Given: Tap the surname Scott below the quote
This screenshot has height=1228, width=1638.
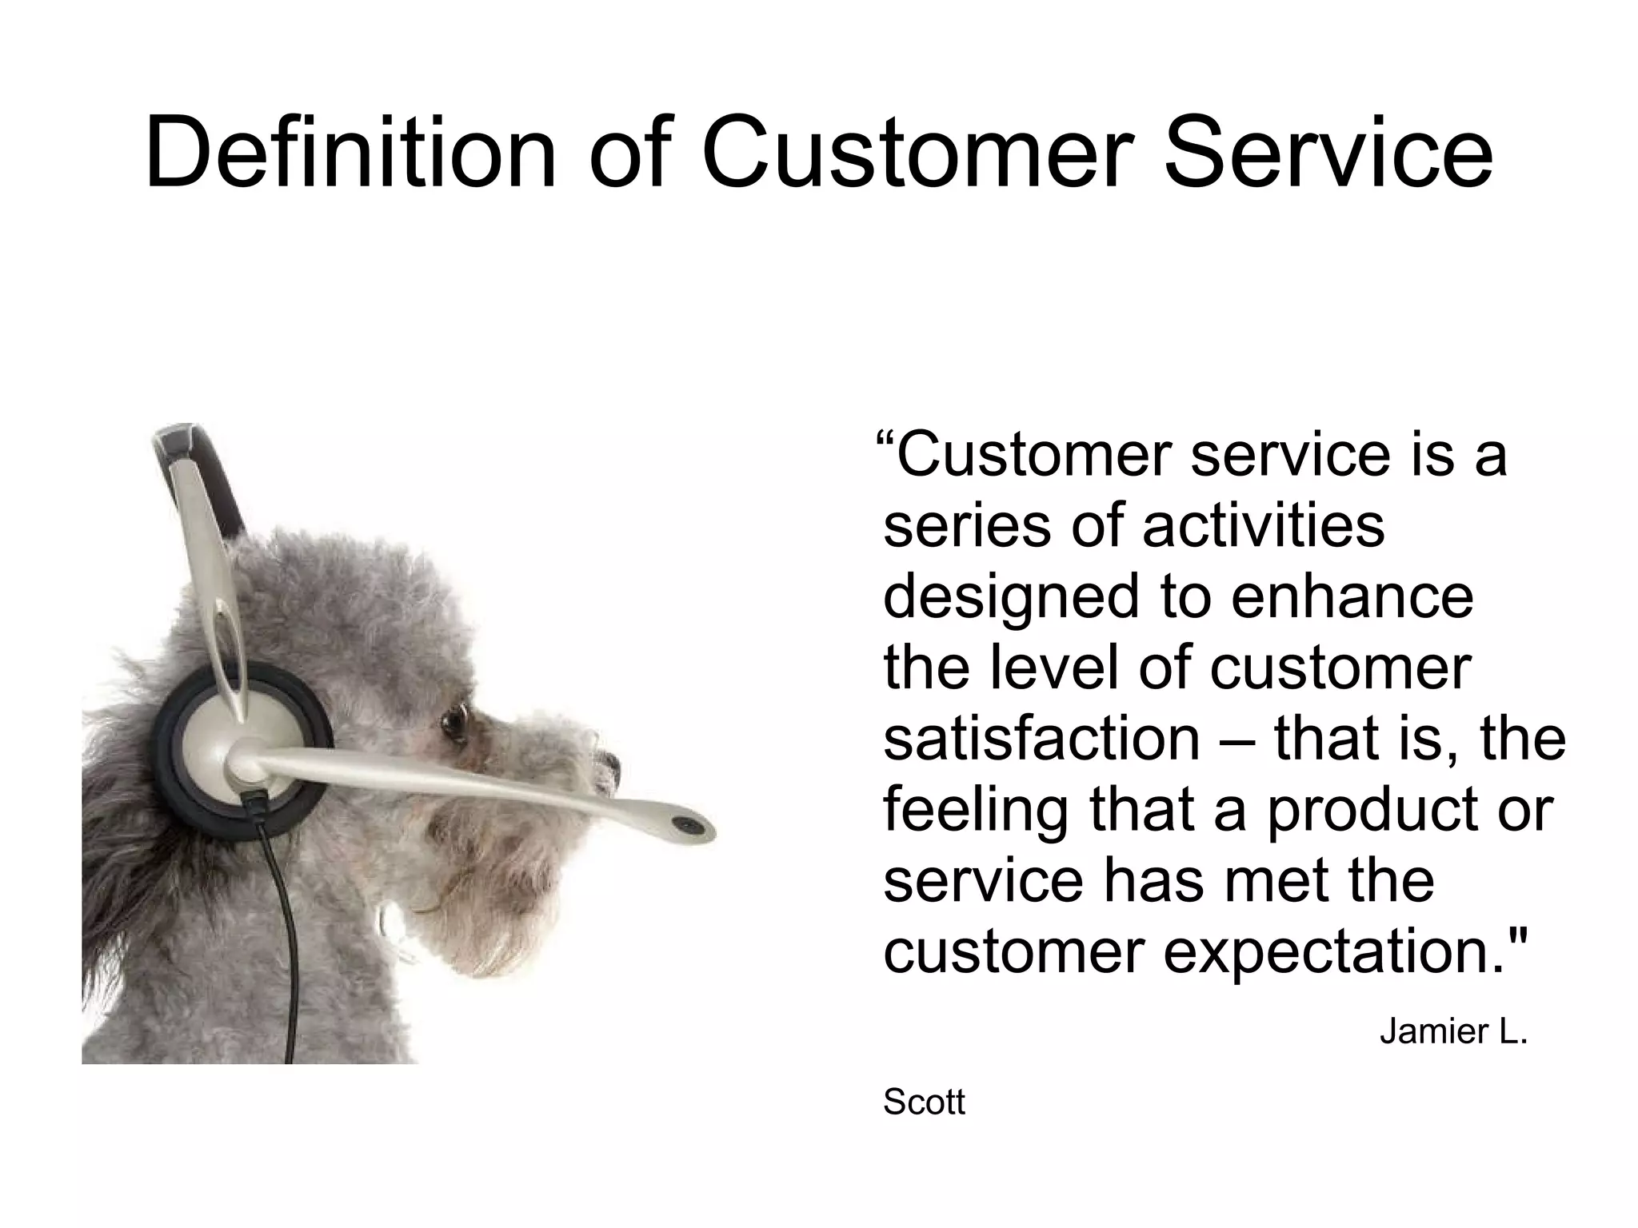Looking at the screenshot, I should [x=924, y=1102].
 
